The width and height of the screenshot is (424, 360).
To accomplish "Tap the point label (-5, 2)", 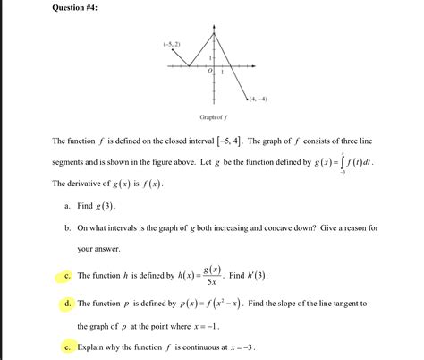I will (x=172, y=43).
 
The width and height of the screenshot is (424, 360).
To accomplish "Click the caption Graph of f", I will (x=212, y=117).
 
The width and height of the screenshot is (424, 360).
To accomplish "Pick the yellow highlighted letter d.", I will (x=69, y=304).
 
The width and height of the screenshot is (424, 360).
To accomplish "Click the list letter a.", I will (x=69, y=205).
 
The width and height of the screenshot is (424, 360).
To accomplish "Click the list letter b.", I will (x=69, y=228).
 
